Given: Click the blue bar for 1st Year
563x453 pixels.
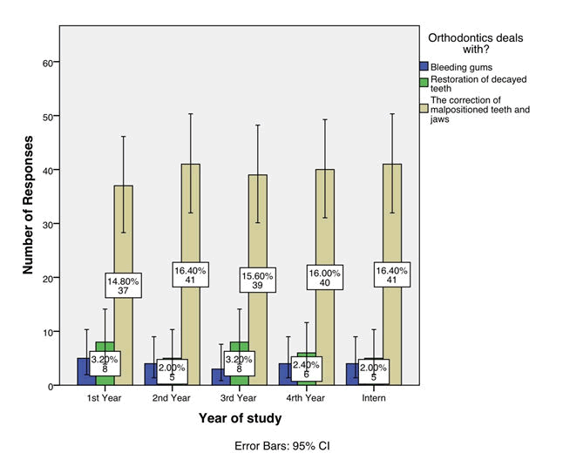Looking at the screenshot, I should pos(85,371).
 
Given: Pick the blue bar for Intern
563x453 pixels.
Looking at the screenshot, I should pos(352,374).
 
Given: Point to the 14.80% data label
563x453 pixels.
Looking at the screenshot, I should pos(124,285).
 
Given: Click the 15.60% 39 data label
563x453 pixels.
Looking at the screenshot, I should pos(257,279).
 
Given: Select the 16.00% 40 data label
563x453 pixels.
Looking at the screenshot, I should pos(324,278).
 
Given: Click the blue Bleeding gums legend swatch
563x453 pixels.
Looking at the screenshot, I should pos(424,66).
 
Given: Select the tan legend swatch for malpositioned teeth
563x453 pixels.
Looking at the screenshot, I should pos(424,107).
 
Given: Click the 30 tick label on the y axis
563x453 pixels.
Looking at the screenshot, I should pos(49,224).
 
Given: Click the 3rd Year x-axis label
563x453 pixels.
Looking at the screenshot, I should pos(258,397).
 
